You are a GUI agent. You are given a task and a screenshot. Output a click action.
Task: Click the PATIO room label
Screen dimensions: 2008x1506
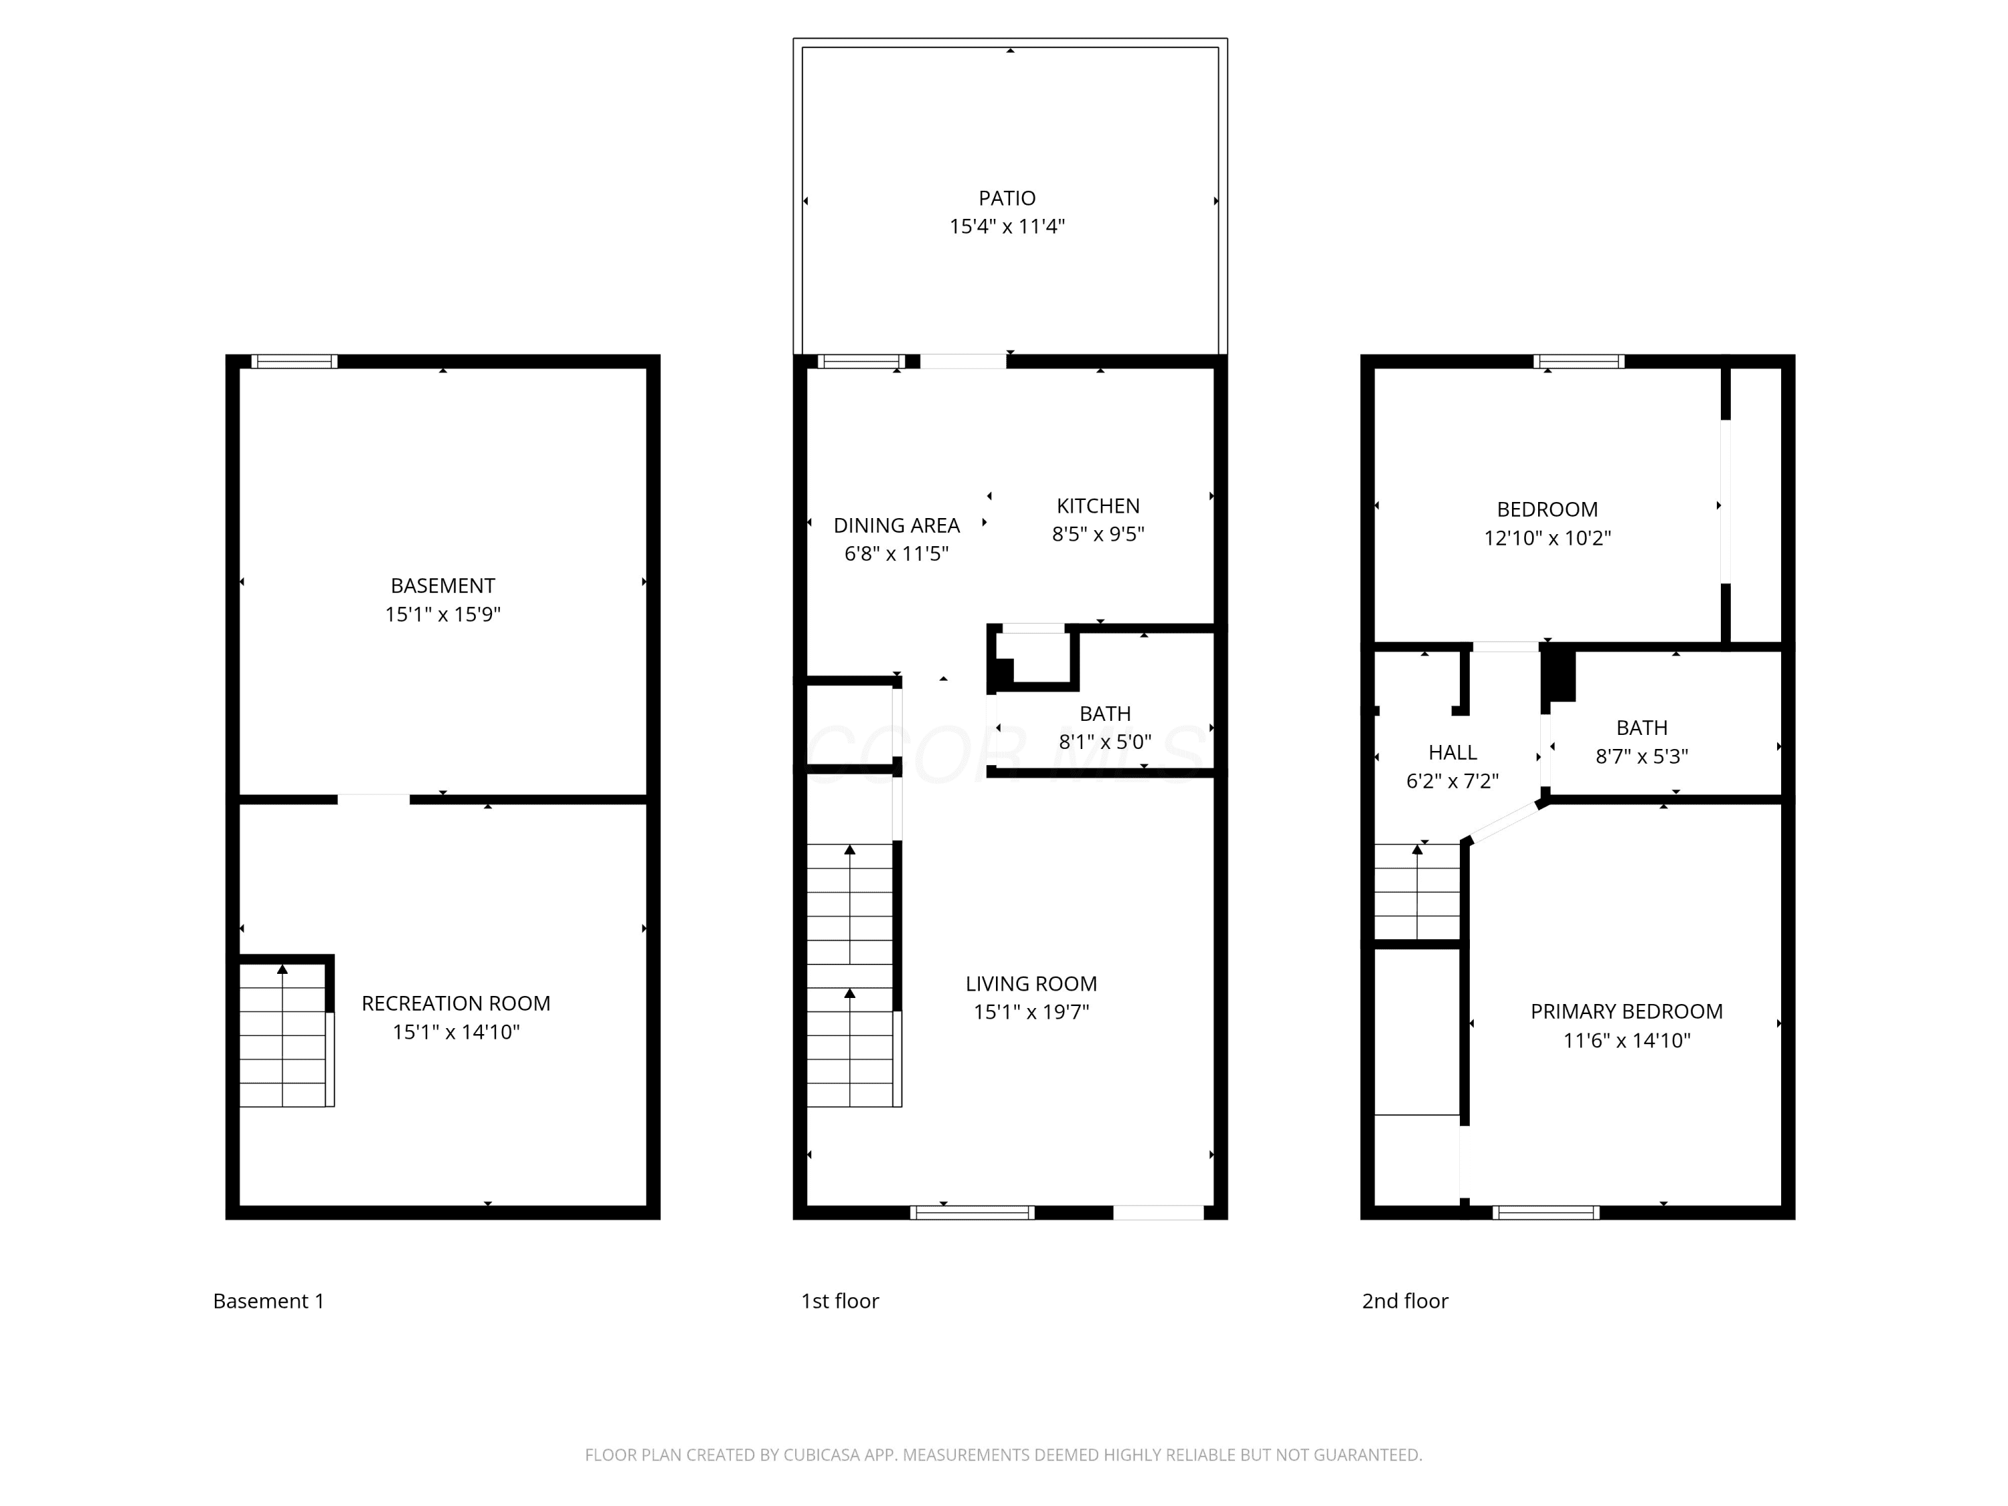(x=1007, y=198)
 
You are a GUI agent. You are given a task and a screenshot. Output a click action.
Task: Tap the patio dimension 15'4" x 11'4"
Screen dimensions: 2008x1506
(x=1007, y=227)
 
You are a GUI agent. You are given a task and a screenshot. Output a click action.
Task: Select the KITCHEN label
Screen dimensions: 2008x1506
(x=1098, y=505)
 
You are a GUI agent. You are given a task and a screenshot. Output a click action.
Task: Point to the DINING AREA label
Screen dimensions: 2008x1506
(x=896, y=525)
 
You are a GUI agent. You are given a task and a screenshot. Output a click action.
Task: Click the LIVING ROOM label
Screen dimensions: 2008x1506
(x=1031, y=983)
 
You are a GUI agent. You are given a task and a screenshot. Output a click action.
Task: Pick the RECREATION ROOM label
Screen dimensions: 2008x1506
(x=456, y=1003)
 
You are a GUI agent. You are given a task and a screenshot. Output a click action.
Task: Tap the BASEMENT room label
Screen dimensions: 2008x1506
(x=443, y=586)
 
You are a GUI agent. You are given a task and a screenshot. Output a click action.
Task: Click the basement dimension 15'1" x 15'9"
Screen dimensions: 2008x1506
(x=443, y=614)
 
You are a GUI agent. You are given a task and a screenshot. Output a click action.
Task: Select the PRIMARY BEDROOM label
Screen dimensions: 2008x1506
(x=1626, y=1011)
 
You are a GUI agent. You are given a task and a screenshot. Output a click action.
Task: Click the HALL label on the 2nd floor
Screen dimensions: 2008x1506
(x=1452, y=752)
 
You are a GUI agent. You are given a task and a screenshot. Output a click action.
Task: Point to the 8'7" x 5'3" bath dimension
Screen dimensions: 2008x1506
(x=1642, y=756)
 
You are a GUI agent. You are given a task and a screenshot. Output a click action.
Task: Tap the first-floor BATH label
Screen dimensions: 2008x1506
(x=1105, y=714)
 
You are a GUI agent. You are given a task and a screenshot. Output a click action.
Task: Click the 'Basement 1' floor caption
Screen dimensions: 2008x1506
(x=268, y=1301)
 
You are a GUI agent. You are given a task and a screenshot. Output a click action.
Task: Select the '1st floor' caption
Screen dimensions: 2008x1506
(x=840, y=1301)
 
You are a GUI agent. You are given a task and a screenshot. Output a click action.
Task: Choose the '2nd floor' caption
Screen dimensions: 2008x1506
(x=1405, y=1301)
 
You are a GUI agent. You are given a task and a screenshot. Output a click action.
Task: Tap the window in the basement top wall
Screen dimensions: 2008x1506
(x=294, y=361)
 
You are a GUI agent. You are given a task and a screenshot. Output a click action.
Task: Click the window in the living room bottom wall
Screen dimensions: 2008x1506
(x=973, y=1212)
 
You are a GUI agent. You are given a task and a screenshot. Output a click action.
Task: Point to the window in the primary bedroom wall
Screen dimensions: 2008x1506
(x=1546, y=1212)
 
